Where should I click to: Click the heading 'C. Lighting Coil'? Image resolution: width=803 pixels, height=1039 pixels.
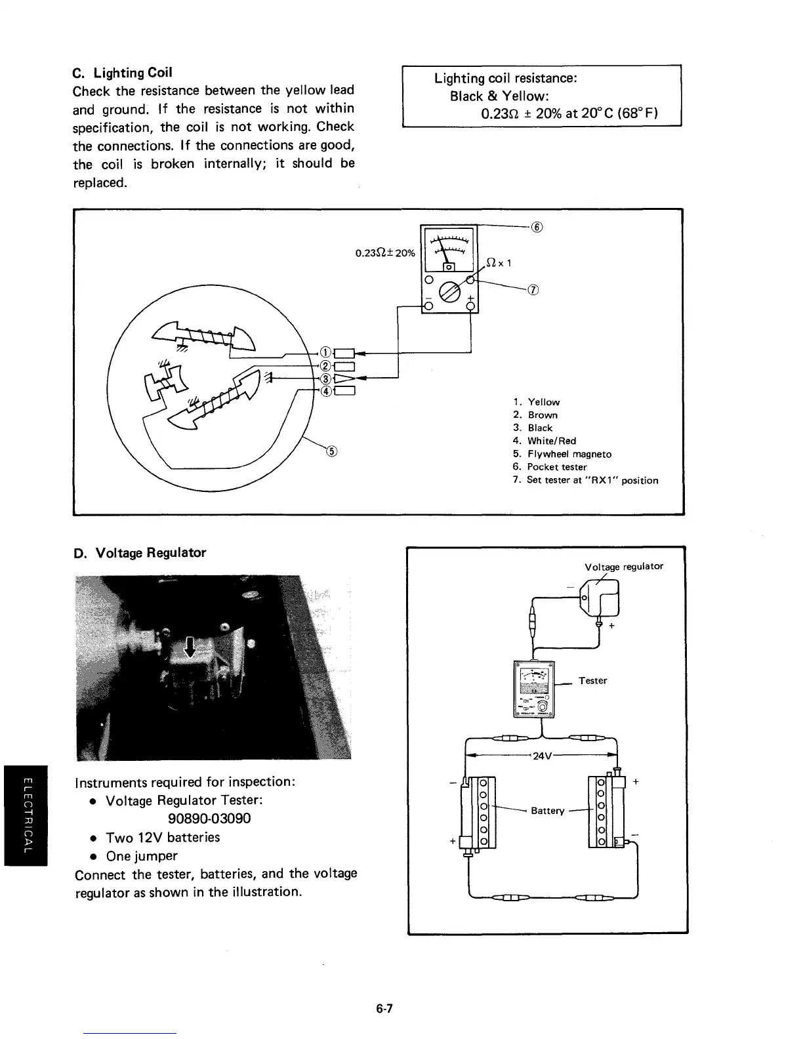pos(123,72)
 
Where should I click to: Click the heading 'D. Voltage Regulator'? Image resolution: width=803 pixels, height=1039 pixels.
pos(140,553)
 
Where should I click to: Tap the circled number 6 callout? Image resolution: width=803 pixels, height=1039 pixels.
pos(537,227)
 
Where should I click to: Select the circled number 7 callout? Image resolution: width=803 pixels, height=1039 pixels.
pos(533,291)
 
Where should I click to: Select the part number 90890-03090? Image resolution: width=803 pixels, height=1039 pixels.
pos(209,819)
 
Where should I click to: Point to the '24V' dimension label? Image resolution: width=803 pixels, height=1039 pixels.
pos(542,756)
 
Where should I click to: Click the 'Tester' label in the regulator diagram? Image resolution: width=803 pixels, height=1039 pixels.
pos(592,681)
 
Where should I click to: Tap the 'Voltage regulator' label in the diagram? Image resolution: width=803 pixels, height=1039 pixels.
pos(623,566)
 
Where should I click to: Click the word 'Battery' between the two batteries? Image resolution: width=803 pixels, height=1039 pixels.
pos(547,811)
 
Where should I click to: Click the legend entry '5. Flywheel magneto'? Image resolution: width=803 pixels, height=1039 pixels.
pos(562,454)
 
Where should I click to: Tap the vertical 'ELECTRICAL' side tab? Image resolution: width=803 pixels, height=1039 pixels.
pos(26,815)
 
